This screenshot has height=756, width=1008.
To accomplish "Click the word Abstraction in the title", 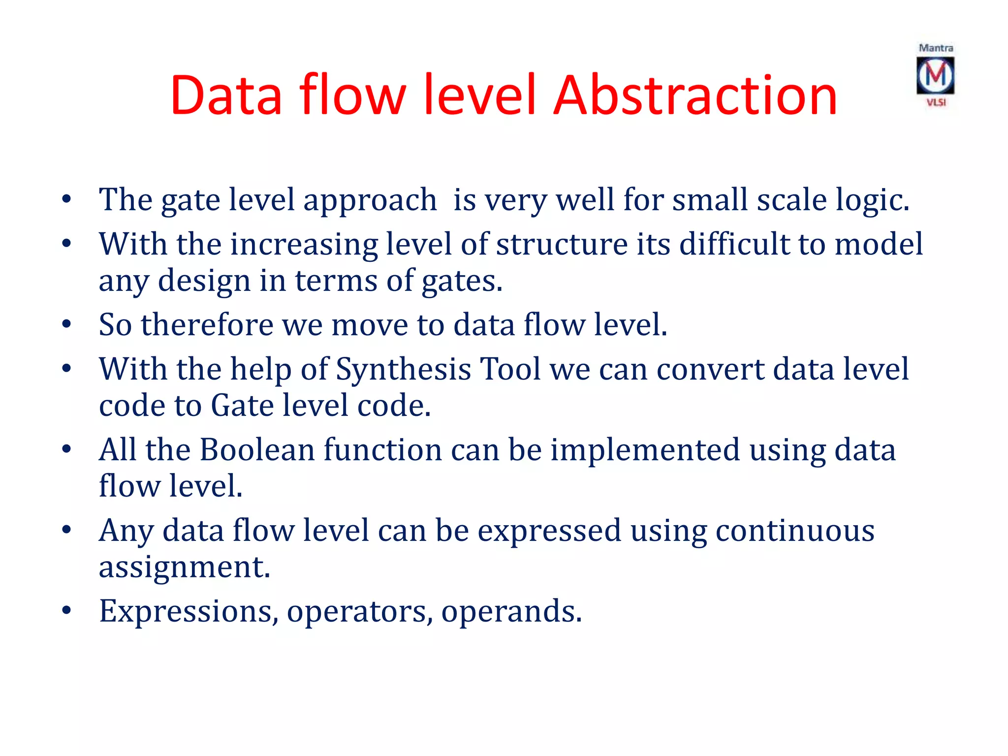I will point(695,95).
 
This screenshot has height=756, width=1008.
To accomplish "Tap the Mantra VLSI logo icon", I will point(935,75).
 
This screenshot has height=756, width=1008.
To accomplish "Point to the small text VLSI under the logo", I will point(936,102).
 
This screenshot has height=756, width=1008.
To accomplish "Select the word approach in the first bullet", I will point(370,201).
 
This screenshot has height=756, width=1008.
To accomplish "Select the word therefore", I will point(207,325).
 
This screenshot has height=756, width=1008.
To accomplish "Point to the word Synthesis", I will point(404,369).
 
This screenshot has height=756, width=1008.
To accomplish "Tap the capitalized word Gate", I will point(243,406).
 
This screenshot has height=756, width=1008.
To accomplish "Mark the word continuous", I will point(795,531).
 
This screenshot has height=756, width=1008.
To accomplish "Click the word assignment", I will point(185,568).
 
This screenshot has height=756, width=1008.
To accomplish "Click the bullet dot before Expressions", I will point(67,610).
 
